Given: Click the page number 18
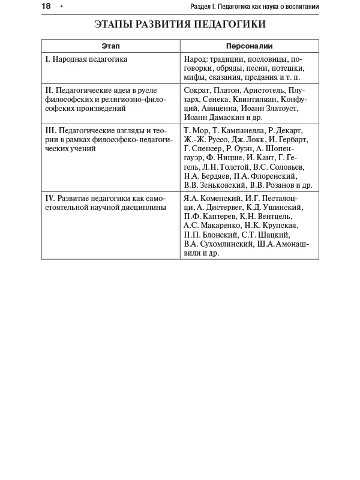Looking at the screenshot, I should [46, 6].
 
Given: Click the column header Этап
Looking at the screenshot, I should [110, 46].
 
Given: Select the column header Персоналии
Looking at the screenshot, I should [249, 46].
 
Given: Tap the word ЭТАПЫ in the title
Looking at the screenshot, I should [117, 25].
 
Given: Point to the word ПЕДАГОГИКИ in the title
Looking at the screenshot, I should [231, 25].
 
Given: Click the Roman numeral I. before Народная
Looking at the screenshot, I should [47, 59].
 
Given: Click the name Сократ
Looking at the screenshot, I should [197, 90].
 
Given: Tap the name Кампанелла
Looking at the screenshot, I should [238, 130].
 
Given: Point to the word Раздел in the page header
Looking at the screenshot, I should [201, 7].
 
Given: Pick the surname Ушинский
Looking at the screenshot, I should [283, 208].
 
